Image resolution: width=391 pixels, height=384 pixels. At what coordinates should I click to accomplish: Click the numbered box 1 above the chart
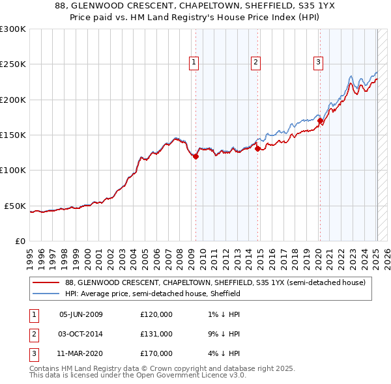coord(194,62)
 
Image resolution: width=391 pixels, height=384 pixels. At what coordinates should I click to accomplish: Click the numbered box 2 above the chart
coord(255,62)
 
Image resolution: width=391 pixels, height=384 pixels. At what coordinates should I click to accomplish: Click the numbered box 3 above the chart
coord(318,62)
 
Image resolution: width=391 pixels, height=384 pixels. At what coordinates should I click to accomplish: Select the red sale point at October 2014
coord(257,148)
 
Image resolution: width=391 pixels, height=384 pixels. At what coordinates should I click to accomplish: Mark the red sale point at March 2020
coord(320,121)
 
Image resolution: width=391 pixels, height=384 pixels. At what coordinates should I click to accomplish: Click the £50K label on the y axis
coord(14,206)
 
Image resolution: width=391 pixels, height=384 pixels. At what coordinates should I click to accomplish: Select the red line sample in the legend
coord(46,282)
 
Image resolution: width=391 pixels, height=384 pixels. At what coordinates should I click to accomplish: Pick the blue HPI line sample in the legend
coord(46,294)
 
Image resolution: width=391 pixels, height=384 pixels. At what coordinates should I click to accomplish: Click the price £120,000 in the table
coord(156,314)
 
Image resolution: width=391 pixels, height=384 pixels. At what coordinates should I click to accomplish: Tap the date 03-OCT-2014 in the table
coord(81,334)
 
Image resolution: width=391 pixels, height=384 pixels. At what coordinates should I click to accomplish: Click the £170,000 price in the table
coord(156,353)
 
